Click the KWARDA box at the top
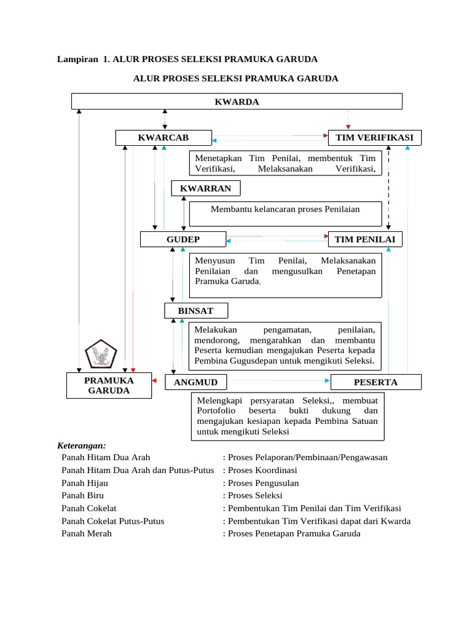pyautogui.click(x=237, y=102)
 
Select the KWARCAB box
pyautogui.click(x=163, y=137)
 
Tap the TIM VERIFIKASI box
pyautogui.click(x=375, y=137)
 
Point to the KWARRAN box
pyautogui.click(x=206, y=188)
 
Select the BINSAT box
pyautogui.click(x=196, y=311)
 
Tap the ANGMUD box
pyautogui.click(x=196, y=382)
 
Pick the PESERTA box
pyautogui.click(x=376, y=382)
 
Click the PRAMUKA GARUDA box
pyautogui.click(x=109, y=385)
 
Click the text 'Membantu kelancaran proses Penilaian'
pyautogui.click(x=285, y=209)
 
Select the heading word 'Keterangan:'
pyautogui.click(x=82, y=445)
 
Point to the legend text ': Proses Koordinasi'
pyautogui.click(x=258, y=470)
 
